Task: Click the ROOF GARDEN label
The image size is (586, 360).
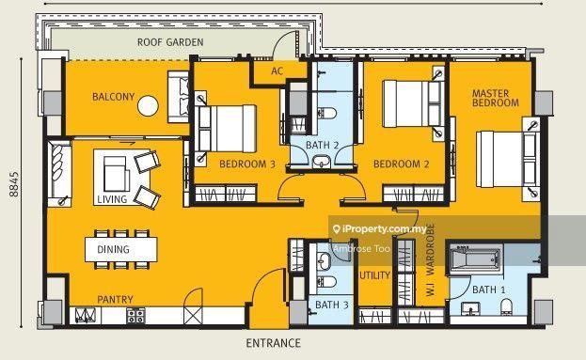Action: [x=170, y=42]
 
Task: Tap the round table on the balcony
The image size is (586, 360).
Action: [x=148, y=105]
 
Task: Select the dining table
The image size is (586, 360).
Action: [x=121, y=249]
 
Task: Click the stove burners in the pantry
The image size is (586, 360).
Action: [x=135, y=316]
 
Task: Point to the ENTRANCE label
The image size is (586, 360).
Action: [x=273, y=343]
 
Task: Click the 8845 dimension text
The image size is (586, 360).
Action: [x=14, y=184]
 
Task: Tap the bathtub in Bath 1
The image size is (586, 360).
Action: [x=475, y=258]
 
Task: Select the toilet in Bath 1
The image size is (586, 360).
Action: [x=506, y=305]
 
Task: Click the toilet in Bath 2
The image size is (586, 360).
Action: [x=326, y=113]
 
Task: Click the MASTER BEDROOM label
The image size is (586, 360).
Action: [x=495, y=98]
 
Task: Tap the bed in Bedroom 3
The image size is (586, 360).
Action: [x=226, y=129]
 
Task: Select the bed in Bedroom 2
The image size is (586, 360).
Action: [x=413, y=104]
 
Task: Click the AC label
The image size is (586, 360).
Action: [x=277, y=70]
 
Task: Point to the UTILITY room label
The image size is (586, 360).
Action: [x=374, y=275]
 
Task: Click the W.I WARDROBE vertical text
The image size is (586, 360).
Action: [x=430, y=260]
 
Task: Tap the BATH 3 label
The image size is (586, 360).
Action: [x=331, y=305]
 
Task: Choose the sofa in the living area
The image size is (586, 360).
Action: [x=59, y=173]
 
